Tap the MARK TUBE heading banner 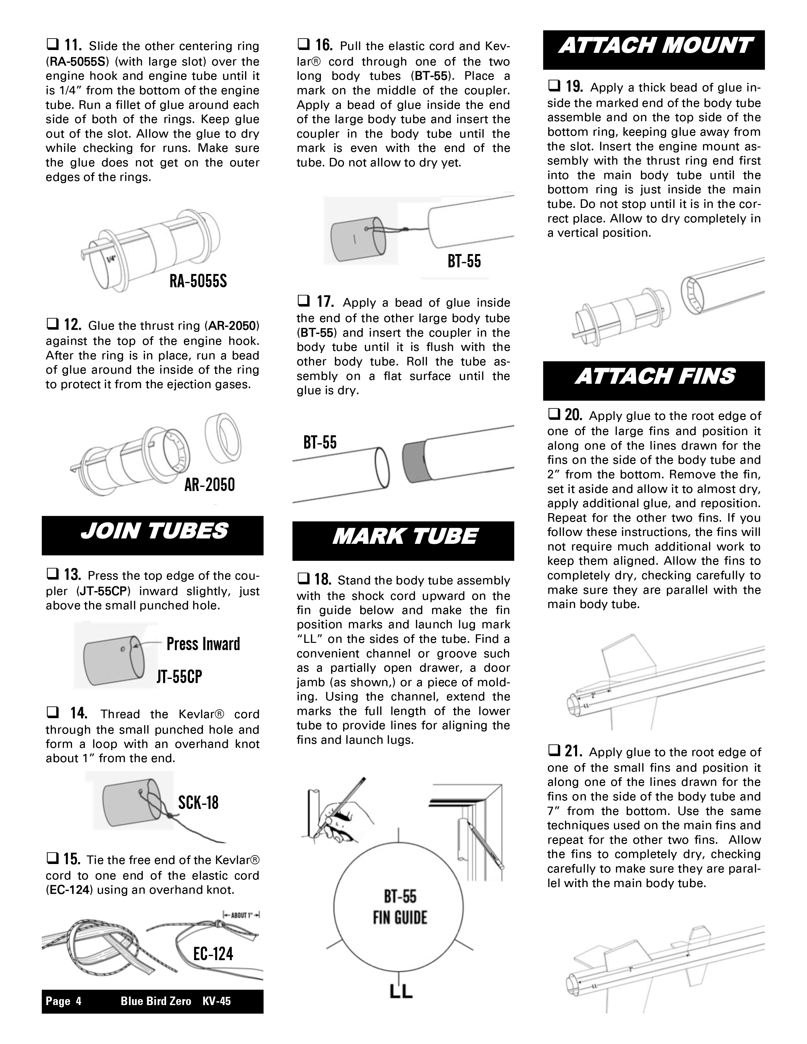(404, 536)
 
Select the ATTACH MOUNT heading (654, 47)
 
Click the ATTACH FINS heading (654, 377)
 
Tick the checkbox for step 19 (553, 87)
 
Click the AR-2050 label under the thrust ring (210, 485)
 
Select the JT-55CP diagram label (179, 677)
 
